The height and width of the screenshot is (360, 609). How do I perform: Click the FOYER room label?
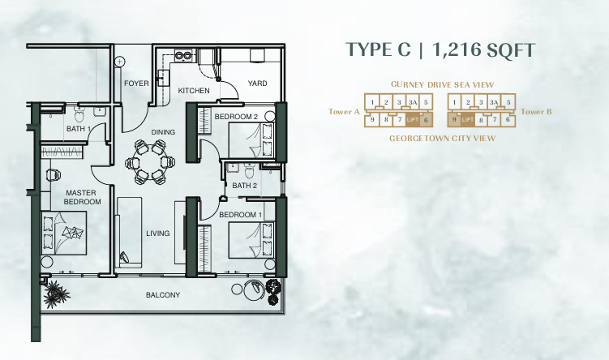(x=136, y=83)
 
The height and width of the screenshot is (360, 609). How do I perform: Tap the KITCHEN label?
(x=194, y=91)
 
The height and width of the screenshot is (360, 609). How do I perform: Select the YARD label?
(x=258, y=83)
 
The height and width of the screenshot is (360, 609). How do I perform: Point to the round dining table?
(x=150, y=162)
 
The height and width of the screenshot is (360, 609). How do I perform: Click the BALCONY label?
(x=163, y=295)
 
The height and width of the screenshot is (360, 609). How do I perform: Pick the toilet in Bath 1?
(x=79, y=114)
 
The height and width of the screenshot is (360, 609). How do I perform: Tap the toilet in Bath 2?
(x=249, y=170)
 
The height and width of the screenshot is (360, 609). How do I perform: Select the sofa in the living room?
(x=129, y=232)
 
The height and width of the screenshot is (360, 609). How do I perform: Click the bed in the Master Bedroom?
(x=64, y=233)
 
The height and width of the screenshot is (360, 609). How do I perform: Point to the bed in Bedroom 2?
(x=251, y=140)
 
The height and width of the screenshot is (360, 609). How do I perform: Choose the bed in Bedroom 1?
(x=251, y=240)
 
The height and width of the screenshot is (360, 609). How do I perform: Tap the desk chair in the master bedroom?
(x=54, y=175)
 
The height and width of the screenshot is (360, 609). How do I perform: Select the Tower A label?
(x=344, y=112)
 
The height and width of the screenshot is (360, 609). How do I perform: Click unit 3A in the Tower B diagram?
(x=494, y=102)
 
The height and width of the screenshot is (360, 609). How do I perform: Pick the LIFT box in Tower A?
(x=412, y=120)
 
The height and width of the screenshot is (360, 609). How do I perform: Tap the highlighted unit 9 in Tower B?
(x=454, y=120)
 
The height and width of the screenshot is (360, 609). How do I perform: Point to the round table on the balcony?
(x=237, y=289)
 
